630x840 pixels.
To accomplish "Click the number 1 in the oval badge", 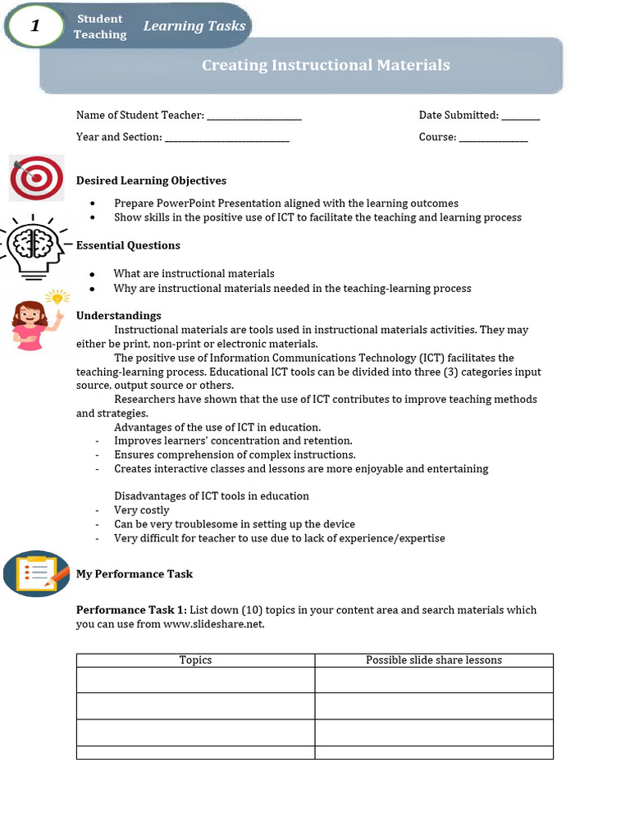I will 34,26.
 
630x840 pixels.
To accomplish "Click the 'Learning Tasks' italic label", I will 194,26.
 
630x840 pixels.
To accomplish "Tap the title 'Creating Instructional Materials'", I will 326,65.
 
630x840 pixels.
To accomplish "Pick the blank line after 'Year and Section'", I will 227,139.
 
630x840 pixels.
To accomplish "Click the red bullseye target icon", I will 37,178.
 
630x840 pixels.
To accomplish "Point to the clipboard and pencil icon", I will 37,573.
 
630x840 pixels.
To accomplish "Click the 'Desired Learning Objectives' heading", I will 151,180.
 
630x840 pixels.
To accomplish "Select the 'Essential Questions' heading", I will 128,245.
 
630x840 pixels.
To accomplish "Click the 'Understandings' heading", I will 118,316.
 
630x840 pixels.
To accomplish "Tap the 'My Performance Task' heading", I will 135,574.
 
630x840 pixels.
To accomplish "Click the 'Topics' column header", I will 195,660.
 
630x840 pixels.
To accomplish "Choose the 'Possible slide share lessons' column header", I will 434,660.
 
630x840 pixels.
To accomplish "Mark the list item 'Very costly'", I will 142,510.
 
